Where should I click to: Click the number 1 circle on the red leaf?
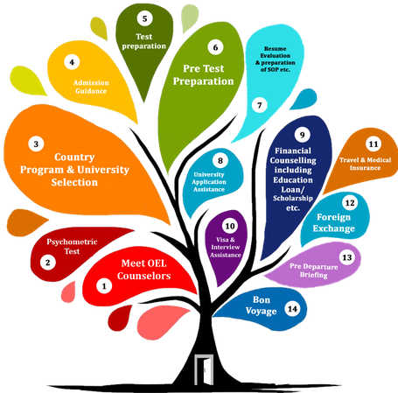(x=104, y=286)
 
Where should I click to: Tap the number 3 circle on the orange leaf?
(x=36, y=144)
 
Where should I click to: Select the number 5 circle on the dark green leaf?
(x=144, y=18)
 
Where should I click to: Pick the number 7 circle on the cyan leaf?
(x=260, y=105)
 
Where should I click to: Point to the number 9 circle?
(x=302, y=135)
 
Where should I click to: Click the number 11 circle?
(x=374, y=144)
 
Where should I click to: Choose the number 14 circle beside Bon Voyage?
(x=292, y=309)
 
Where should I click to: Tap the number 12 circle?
(x=350, y=203)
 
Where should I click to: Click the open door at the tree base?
(x=204, y=369)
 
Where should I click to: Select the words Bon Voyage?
(x=261, y=305)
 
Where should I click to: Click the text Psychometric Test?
(x=72, y=246)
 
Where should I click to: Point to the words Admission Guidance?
(x=91, y=87)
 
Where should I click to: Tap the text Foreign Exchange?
(x=334, y=222)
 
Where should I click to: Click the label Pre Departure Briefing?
(x=314, y=270)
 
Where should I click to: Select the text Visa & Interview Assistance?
(x=226, y=247)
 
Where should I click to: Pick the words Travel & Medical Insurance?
(x=365, y=164)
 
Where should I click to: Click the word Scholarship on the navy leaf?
(x=293, y=199)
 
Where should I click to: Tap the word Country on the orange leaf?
(x=74, y=157)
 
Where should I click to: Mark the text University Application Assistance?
(x=209, y=182)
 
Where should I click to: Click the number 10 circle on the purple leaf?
(x=230, y=226)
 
